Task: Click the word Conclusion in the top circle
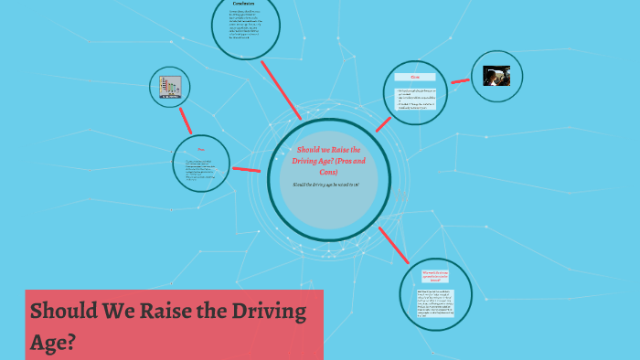[243, 5]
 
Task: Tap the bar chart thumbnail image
[170, 88]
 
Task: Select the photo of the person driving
[496, 77]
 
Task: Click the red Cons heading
[414, 77]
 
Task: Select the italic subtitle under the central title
[325, 185]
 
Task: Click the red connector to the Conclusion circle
[282, 90]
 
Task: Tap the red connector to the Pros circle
[246, 169]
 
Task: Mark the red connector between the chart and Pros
[185, 119]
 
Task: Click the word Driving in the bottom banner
[264, 312]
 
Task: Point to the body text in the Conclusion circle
[243, 26]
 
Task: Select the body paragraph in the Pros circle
[199, 168]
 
